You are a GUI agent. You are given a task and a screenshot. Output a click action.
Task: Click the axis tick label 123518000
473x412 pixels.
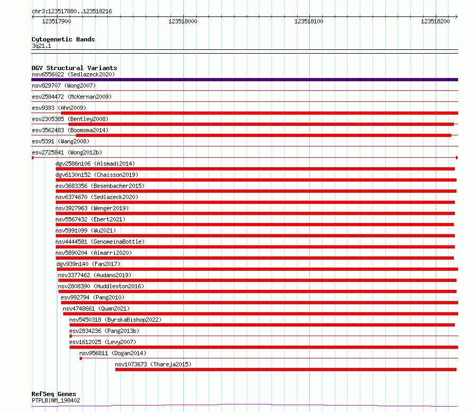183,21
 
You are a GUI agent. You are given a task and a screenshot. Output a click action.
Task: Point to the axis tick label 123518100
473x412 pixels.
309,21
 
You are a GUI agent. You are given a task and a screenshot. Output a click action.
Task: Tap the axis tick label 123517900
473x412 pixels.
56,21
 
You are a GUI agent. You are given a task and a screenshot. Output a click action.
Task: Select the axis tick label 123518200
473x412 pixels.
435,21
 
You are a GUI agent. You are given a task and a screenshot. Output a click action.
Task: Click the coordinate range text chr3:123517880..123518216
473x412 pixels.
72,12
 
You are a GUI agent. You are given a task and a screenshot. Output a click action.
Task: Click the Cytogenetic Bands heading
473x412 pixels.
63,39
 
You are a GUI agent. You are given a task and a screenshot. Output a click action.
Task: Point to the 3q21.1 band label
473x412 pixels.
41,46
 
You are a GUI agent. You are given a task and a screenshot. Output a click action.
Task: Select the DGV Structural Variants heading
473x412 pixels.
74,68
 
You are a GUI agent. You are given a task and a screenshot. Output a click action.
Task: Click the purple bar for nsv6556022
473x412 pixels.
244,80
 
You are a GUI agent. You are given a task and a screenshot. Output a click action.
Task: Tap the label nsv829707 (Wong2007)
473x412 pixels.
64,85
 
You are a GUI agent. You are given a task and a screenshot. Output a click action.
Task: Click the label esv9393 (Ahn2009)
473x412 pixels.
59,108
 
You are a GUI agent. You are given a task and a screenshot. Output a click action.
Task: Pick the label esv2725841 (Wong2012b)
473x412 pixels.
67,152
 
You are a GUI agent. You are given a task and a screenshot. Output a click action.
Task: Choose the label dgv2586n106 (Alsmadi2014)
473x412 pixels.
95,164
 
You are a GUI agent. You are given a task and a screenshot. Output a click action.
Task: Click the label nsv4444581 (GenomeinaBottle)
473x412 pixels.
100,242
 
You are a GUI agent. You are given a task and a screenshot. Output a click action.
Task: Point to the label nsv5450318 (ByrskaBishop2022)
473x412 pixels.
115,320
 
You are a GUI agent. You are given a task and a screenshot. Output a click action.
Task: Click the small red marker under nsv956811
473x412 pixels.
81,358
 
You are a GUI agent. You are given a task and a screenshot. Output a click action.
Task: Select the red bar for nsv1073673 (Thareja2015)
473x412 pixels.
286,370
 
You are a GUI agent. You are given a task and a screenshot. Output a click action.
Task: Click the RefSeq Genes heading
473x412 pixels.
54,394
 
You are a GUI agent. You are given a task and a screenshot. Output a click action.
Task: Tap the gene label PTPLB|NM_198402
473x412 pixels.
56,400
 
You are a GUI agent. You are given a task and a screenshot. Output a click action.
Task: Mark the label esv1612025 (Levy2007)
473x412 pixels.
103,342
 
